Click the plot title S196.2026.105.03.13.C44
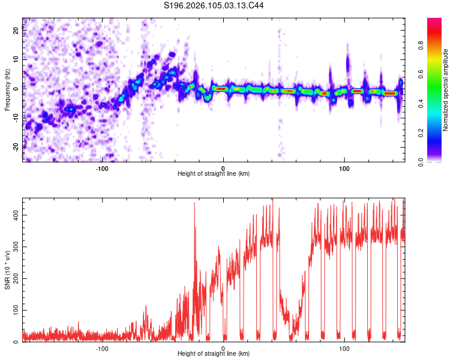(x=214, y=5)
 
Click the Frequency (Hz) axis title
(x=7, y=90)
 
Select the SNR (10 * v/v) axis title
(x=7, y=270)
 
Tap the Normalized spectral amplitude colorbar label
(x=446, y=90)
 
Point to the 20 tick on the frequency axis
(x=17, y=31)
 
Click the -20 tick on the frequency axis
(x=17, y=146)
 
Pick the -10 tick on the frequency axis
(x=17, y=118)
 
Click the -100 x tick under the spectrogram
(x=102, y=167)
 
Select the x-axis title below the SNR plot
(x=214, y=355)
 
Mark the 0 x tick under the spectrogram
(x=223, y=167)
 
